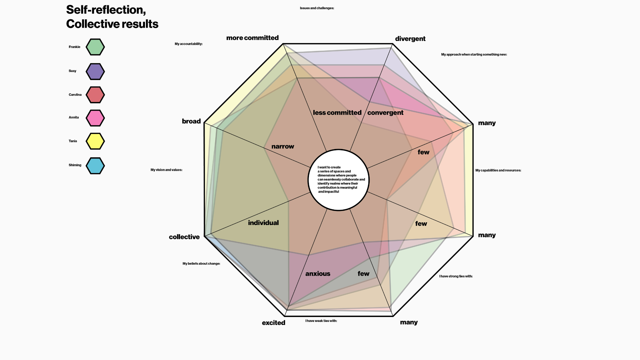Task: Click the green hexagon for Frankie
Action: point(95,47)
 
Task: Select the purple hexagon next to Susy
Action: point(95,72)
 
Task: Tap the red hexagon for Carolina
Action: point(95,95)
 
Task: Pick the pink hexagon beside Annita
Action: point(95,118)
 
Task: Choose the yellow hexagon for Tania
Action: point(95,141)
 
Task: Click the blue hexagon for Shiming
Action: point(95,166)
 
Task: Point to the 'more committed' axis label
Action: point(252,38)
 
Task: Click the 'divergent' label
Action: point(410,39)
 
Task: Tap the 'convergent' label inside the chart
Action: point(385,113)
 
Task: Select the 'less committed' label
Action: point(337,113)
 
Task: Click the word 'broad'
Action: point(191,121)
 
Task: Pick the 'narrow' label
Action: point(283,146)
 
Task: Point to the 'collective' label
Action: point(184,237)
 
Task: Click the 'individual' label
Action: point(263,223)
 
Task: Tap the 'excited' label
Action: point(274,323)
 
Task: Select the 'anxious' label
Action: point(318,274)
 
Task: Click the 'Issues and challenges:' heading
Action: point(317,8)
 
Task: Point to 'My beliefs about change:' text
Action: point(201,264)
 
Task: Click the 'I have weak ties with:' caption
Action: point(321,321)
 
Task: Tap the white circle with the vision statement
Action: point(338,180)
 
